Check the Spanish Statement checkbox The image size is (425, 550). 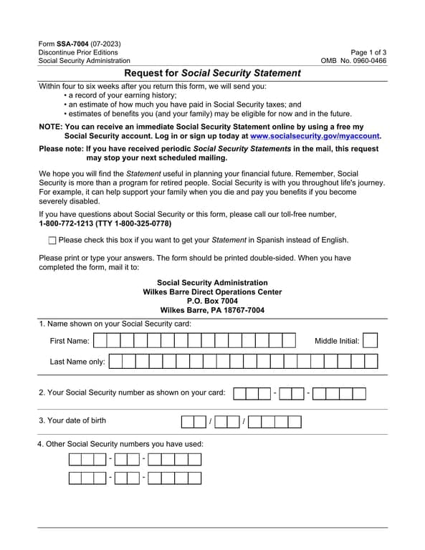point(52,241)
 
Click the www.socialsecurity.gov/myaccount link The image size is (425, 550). point(315,135)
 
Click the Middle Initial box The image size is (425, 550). point(370,341)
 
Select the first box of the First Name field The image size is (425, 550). point(100,341)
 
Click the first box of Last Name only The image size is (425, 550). point(116,362)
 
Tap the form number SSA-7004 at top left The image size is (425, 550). point(74,44)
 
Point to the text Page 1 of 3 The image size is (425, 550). point(368,52)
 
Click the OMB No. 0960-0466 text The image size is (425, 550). point(353,62)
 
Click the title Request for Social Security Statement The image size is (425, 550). point(212,73)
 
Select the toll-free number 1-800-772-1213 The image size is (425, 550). point(69,224)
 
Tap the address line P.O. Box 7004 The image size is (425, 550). point(212,301)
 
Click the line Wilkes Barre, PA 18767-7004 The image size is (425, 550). point(212,311)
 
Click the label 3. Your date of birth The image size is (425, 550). point(72,420)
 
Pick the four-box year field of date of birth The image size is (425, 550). point(274,421)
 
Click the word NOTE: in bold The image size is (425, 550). point(50,127)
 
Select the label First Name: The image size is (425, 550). point(70,341)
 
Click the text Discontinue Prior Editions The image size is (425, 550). point(79,52)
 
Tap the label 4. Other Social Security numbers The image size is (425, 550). point(120,444)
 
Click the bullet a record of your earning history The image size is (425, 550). point(122,95)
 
